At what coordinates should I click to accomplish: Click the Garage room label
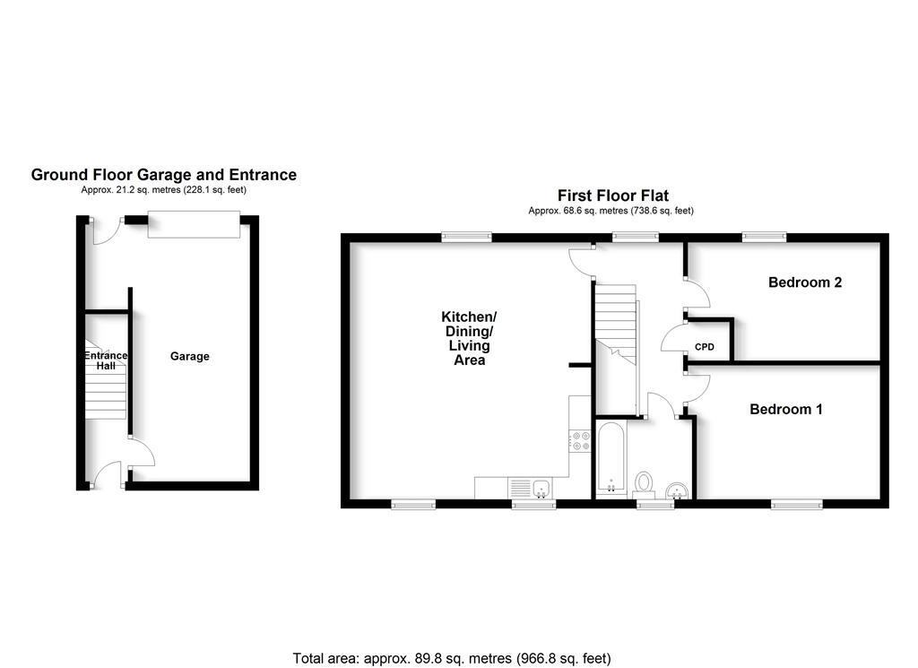click(190, 356)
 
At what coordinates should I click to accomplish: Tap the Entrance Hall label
click(106, 361)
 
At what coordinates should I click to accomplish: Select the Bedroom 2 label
click(805, 282)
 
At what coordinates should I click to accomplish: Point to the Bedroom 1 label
click(786, 409)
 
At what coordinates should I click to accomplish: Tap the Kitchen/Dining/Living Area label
click(467, 339)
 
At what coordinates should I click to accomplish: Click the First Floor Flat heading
click(612, 195)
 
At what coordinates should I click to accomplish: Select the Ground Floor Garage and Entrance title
click(164, 175)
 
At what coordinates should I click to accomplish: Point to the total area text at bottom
click(452, 658)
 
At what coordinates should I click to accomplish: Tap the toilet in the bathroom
click(644, 482)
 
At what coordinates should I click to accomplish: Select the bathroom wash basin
click(678, 489)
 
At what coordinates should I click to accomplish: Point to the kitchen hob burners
click(579, 440)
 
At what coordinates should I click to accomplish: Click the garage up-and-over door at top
click(194, 224)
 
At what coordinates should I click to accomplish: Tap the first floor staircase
click(616, 323)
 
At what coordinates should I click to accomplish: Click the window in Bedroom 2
click(764, 237)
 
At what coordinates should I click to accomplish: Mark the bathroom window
click(655, 505)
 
